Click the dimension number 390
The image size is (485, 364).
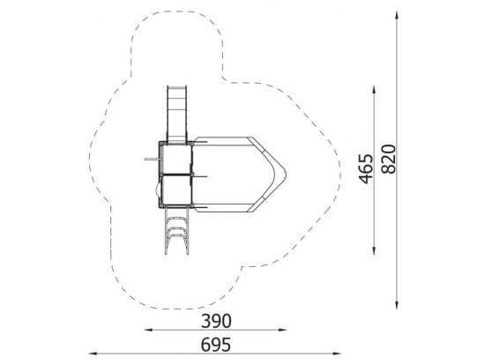click(x=216, y=321)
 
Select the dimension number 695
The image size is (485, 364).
click(x=216, y=345)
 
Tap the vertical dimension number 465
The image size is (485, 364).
click(x=366, y=169)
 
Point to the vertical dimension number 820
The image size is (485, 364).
click(x=389, y=159)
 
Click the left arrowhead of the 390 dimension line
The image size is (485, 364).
click(x=148, y=330)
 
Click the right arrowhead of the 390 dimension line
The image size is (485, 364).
click(x=282, y=330)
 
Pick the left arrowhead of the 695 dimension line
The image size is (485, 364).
click(x=93, y=353)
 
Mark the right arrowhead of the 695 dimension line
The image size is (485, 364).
click(x=337, y=353)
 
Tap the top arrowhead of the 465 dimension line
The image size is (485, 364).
click(x=374, y=90)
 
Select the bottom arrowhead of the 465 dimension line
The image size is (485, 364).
click(x=374, y=250)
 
